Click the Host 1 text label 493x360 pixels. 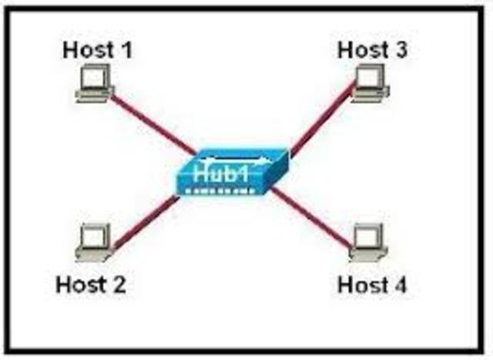pos(97,50)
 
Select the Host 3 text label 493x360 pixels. pos(373,50)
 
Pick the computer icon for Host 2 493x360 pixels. pos(96,242)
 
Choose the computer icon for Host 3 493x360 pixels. pos(369,83)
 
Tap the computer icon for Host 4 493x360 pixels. pos(368,242)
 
